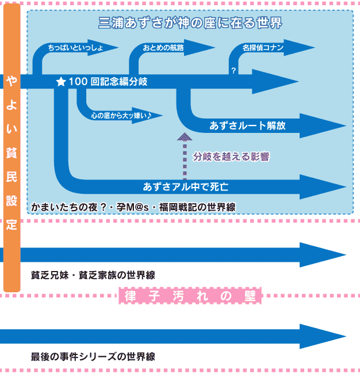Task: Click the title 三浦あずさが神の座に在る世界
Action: [x=190, y=23]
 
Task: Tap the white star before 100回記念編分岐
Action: [x=61, y=82]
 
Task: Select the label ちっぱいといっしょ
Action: [x=75, y=48]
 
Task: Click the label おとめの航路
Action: [x=163, y=48]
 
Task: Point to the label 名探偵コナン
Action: [x=263, y=48]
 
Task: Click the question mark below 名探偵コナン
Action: [x=233, y=70]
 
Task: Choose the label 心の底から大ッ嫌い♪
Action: [x=121, y=116]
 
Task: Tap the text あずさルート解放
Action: [x=247, y=125]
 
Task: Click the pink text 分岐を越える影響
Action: [x=231, y=157]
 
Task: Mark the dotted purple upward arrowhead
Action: [x=185, y=137]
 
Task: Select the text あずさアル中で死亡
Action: [x=186, y=187]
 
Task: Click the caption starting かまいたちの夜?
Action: [x=133, y=207]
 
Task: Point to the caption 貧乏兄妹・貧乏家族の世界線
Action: [x=93, y=275]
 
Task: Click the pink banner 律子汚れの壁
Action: [x=190, y=296]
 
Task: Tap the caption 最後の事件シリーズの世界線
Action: [x=93, y=357]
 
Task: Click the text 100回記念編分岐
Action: [x=108, y=82]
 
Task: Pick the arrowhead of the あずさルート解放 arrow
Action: [x=323, y=125]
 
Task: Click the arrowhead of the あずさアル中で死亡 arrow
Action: [x=323, y=187]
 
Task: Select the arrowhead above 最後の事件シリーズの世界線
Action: [x=323, y=337]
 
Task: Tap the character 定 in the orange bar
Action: [x=12, y=224]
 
